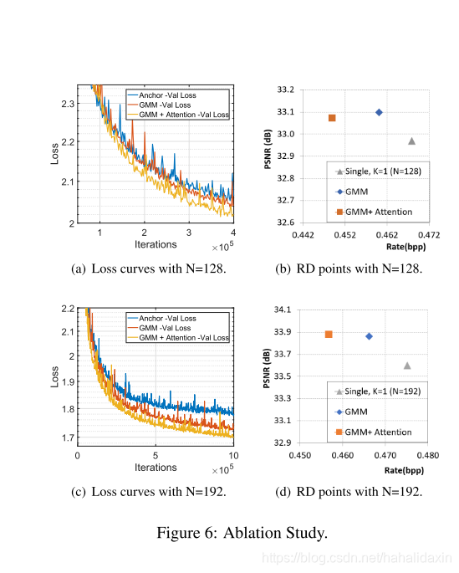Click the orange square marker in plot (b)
[x=332, y=118]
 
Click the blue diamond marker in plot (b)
[x=379, y=112]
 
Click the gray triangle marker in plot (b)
[x=411, y=141]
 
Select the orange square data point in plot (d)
[x=329, y=335]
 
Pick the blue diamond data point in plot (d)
[x=369, y=336]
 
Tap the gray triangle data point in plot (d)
[x=407, y=365]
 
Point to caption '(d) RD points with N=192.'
[x=349, y=491]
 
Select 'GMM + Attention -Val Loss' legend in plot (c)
[x=182, y=338]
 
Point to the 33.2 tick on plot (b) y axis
[x=286, y=89]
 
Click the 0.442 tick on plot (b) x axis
[x=302, y=237]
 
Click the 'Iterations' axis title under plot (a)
[x=156, y=244]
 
